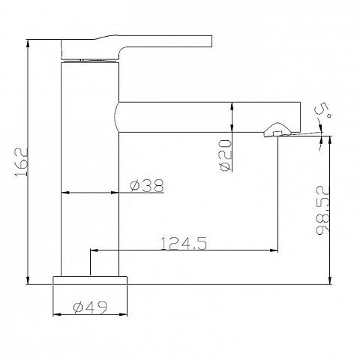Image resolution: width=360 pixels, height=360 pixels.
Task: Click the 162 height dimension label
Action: (x=21, y=162)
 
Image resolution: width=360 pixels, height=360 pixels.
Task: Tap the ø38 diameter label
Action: (x=147, y=185)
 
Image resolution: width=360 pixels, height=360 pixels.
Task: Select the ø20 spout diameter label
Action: (x=226, y=155)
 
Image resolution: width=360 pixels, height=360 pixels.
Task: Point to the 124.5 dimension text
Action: (x=184, y=243)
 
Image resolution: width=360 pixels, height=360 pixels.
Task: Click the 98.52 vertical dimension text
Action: (x=322, y=209)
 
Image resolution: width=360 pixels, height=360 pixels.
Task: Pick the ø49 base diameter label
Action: (x=90, y=307)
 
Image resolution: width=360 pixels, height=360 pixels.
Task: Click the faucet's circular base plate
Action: (x=90, y=280)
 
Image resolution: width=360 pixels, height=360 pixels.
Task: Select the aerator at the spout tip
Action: (x=277, y=130)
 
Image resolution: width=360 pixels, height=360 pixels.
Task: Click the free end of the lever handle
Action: (x=211, y=41)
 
